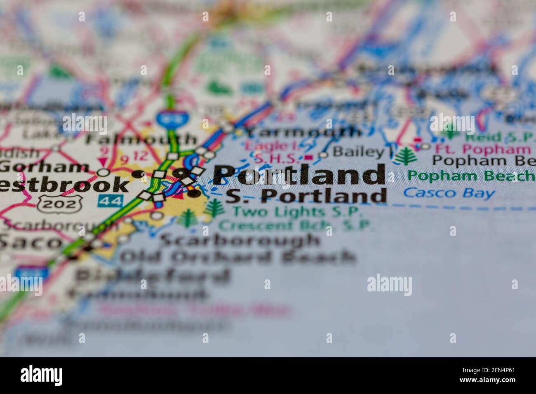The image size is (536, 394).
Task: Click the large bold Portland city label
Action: (299, 175)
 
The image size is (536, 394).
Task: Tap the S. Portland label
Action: (306, 196)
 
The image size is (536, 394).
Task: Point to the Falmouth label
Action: (141, 139)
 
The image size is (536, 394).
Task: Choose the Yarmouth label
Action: (303, 132)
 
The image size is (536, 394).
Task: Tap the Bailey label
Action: (358, 152)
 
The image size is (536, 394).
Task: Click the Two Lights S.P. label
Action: (297, 212)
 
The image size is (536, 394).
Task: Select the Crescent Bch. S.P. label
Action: (296, 225)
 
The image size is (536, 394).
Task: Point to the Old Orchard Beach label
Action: (238, 257)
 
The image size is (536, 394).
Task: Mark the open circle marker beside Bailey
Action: (324, 155)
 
